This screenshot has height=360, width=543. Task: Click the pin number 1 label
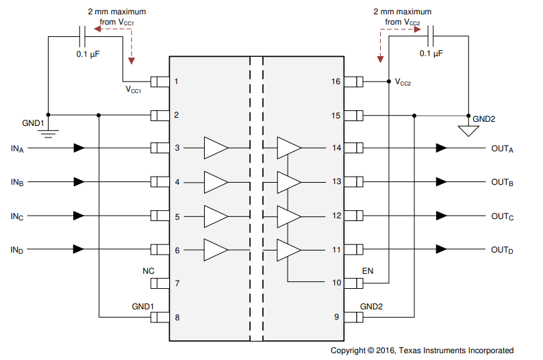(176, 81)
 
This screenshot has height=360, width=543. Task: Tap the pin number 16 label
(336, 81)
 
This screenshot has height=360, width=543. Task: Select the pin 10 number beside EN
(336, 282)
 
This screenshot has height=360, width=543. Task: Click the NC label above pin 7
(148, 271)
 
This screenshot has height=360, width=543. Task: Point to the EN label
(368, 271)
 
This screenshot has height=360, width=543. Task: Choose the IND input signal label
(17, 250)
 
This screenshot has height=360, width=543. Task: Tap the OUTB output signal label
(502, 183)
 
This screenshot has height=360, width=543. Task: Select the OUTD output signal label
(502, 250)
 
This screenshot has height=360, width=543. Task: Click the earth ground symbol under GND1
(48, 131)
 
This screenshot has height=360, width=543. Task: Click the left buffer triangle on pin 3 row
(216, 148)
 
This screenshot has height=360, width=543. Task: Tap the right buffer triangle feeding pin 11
(288, 250)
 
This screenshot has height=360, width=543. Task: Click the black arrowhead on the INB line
(79, 182)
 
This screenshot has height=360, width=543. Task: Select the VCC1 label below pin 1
(133, 90)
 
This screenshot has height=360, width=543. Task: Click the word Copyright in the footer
(349, 350)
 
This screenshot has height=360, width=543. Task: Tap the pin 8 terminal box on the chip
(160, 317)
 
